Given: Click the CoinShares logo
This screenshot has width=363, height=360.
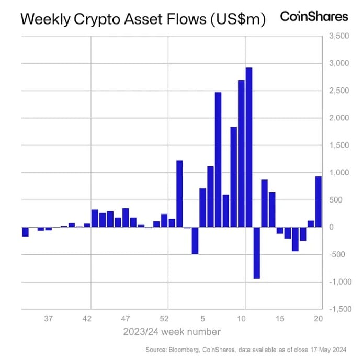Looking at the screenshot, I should click(x=314, y=16).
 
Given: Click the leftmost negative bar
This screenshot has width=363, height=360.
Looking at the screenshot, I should click(x=25, y=232).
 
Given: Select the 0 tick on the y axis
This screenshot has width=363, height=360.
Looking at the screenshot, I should click(x=331, y=228).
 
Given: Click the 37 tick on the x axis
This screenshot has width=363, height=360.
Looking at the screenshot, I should click(x=49, y=318).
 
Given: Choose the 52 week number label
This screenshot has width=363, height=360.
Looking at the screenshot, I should click(x=164, y=318).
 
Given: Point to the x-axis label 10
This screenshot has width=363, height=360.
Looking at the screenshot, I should click(x=242, y=318).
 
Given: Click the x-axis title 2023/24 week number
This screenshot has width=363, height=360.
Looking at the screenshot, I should click(x=172, y=332).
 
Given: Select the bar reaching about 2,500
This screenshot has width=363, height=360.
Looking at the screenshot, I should click(x=218, y=160).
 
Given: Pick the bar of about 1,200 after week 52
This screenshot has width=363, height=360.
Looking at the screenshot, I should click(x=179, y=194).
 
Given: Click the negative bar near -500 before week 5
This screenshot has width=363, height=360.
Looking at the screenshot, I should click(x=195, y=240).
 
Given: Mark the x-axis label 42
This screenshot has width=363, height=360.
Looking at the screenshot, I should click(x=87, y=318).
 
